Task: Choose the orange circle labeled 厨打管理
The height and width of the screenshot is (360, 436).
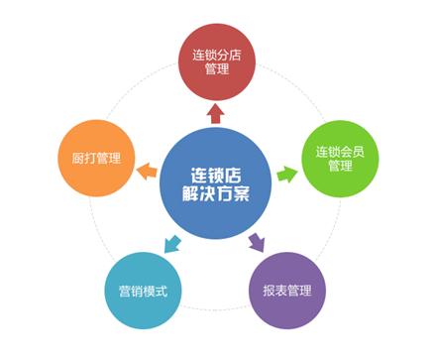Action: pyautogui.click(x=96, y=157)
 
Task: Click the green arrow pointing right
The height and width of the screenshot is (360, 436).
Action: pyautogui.click(x=286, y=174)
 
